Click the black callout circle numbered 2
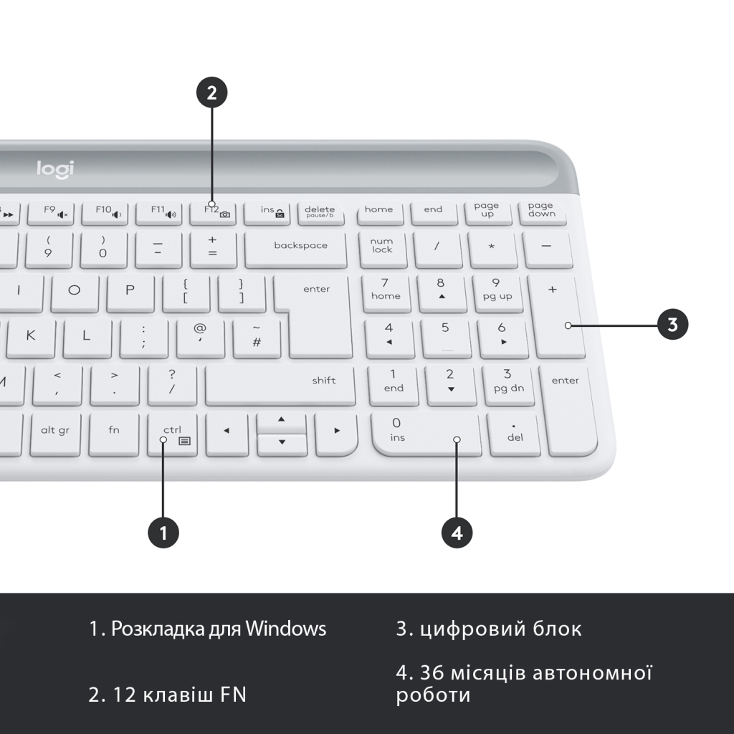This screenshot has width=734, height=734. point(211,92)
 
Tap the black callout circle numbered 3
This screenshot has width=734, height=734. point(672,324)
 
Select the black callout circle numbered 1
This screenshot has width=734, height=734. point(163,533)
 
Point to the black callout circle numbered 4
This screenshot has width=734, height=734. point(457,533)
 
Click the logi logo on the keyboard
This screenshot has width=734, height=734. point(55,169)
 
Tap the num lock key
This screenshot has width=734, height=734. point(382,247)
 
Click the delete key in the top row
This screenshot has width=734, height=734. point(320,211)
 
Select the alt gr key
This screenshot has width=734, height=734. point(55,431)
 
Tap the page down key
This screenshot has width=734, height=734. point(541,210)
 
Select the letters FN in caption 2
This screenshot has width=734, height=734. point(233,695)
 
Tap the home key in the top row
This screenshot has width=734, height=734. point(378,210)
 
